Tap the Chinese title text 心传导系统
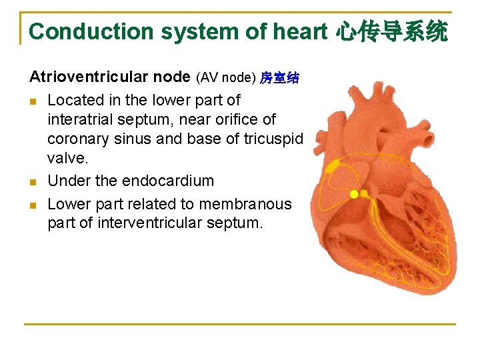click(391, 31)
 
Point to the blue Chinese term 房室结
click(279, 79)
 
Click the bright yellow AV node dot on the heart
click(355, 194)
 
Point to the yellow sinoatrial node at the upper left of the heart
click(332, 165)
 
